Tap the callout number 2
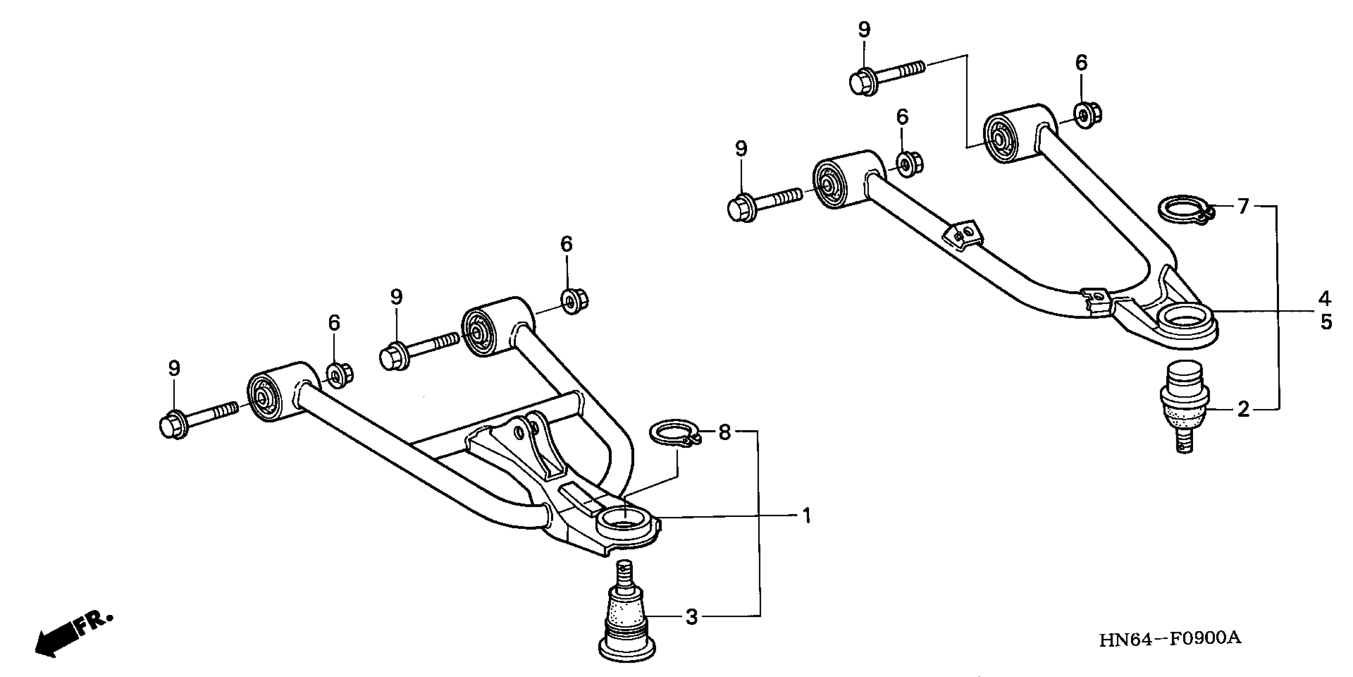[x=1243, y=409]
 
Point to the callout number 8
[x=724, y=432]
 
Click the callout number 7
[x=1243, y=207]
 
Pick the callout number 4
[x=1325, y=299]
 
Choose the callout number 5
[x=1326, y=322]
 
